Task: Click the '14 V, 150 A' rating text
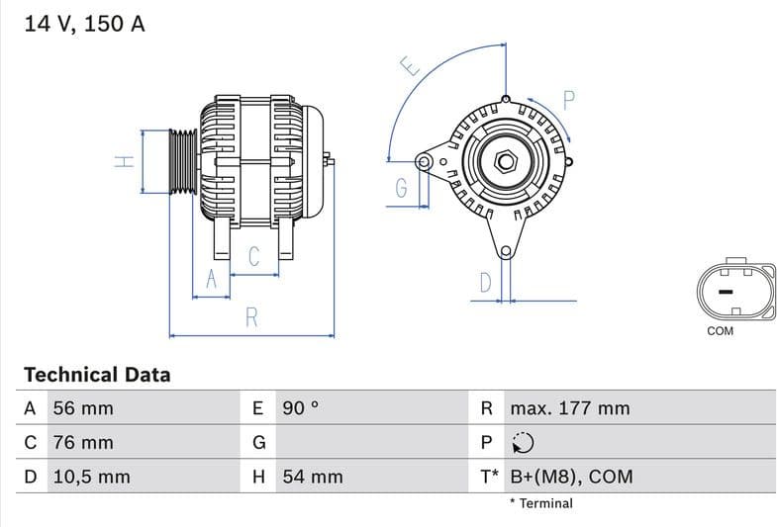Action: tap(84, 25)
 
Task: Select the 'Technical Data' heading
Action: tap(97, 375)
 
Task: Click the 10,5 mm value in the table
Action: tap(90, 477)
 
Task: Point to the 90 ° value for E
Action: tap(301, 408)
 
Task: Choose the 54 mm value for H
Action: tap(313, 477)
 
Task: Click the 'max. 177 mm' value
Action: tap(569, 408)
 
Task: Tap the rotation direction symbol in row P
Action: tap(523, 443)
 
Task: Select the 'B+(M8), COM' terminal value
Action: tap(570, 477)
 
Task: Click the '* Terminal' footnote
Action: tap(540, 503)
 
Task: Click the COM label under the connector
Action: tap(720, 331)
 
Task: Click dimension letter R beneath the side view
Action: tap(251, 317)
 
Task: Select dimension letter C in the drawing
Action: tap(253, 257)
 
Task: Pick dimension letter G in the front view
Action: tap(401, 188)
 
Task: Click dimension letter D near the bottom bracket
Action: tap(485, 283)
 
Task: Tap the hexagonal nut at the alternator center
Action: tap(506, 160)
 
